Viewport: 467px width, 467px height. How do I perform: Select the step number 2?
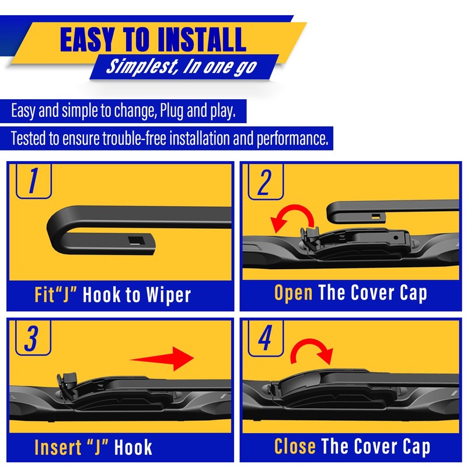(x=264, y=182)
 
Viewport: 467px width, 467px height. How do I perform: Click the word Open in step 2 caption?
(x=294, y=293)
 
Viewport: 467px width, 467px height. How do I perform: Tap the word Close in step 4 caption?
(x=295, y=447)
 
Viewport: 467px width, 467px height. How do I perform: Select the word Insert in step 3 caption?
(x=59, y=447)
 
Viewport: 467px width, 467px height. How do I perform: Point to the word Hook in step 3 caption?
(x=133, y=447)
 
